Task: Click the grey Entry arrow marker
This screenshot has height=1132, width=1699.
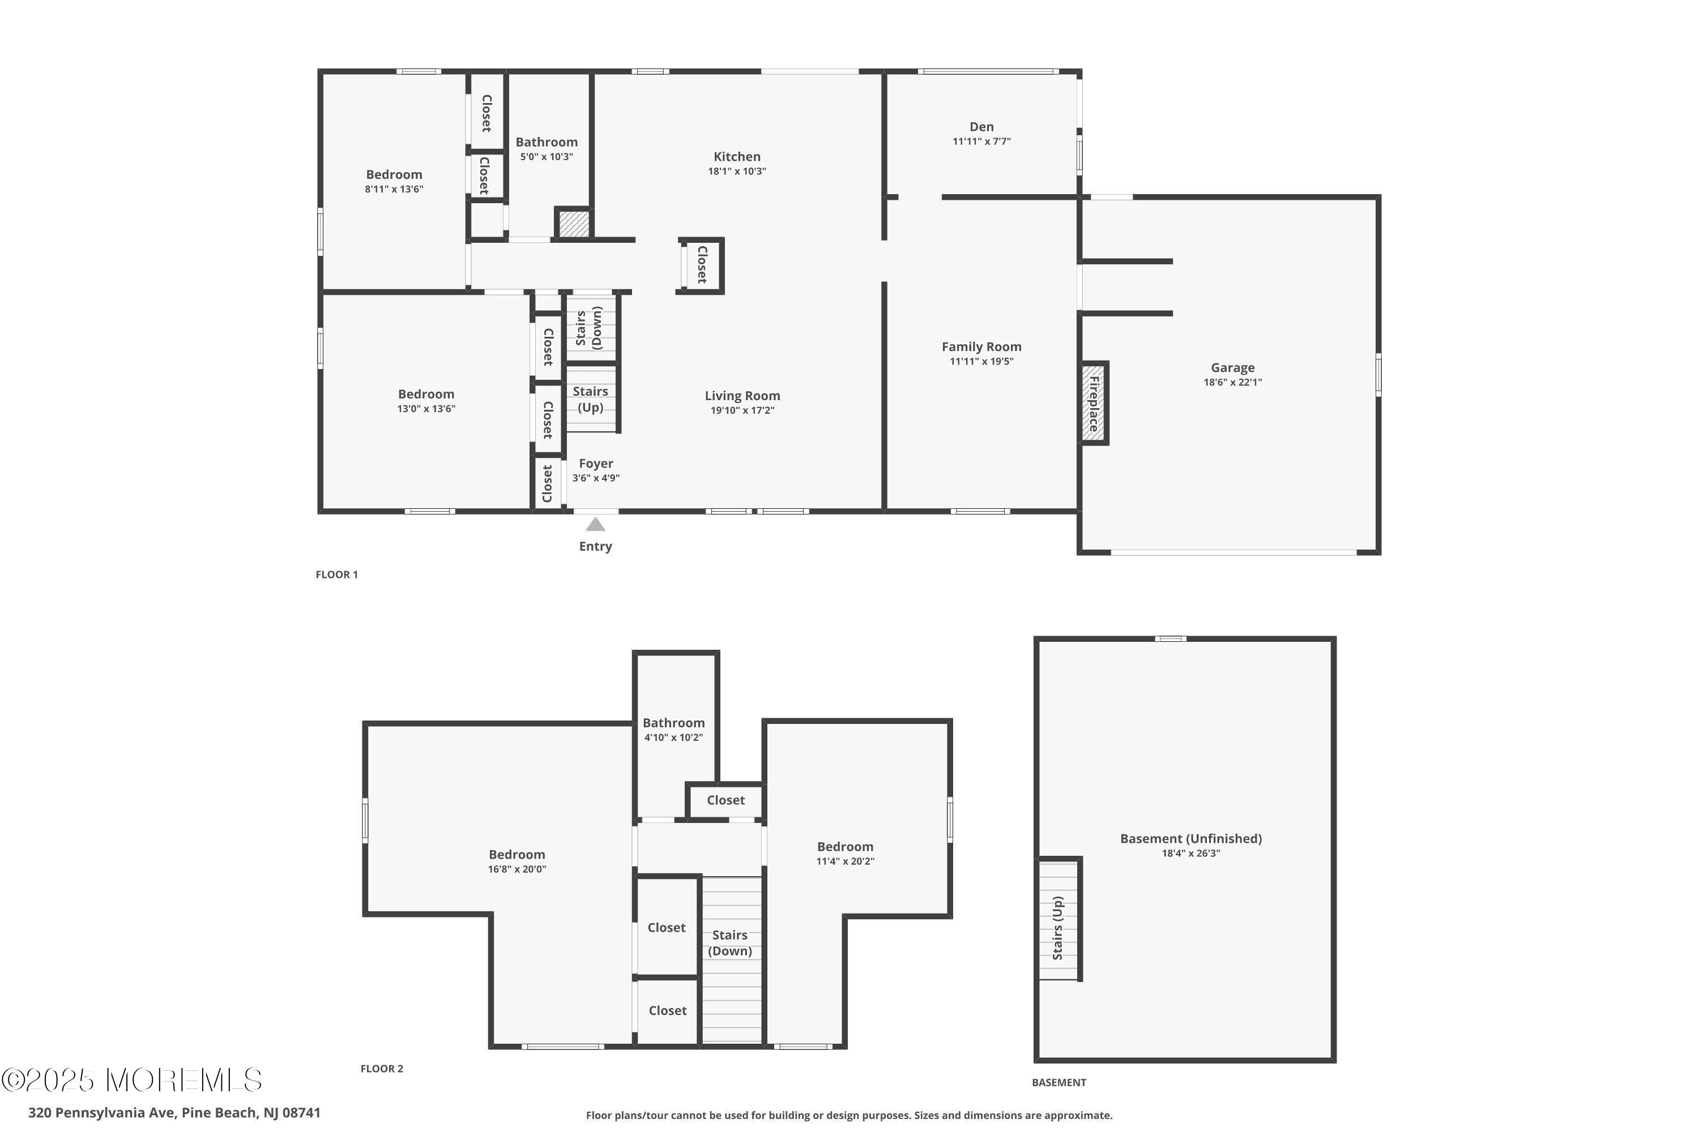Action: [595, 524]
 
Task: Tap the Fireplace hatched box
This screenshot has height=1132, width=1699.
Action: [1094, 403]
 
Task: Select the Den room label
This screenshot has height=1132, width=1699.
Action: [981, 127]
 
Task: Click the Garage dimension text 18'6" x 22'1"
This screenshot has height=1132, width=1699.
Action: [1232, 383]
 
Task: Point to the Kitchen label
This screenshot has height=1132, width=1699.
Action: [737, 157]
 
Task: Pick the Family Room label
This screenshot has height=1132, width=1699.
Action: [981, 346]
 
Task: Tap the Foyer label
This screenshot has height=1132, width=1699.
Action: [596, 464]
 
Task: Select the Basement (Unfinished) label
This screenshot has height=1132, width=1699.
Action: [1191, 838]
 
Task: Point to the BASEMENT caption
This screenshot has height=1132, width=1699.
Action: [1059, 1082]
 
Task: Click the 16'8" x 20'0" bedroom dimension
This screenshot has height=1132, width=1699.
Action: [516, 869]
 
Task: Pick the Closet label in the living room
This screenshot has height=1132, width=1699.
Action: [702, 264]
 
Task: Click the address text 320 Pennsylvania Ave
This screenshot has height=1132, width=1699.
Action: [103, 1113]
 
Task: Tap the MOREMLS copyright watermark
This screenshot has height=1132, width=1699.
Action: [131, 1080]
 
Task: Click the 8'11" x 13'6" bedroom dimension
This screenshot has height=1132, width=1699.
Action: [394, 190]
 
